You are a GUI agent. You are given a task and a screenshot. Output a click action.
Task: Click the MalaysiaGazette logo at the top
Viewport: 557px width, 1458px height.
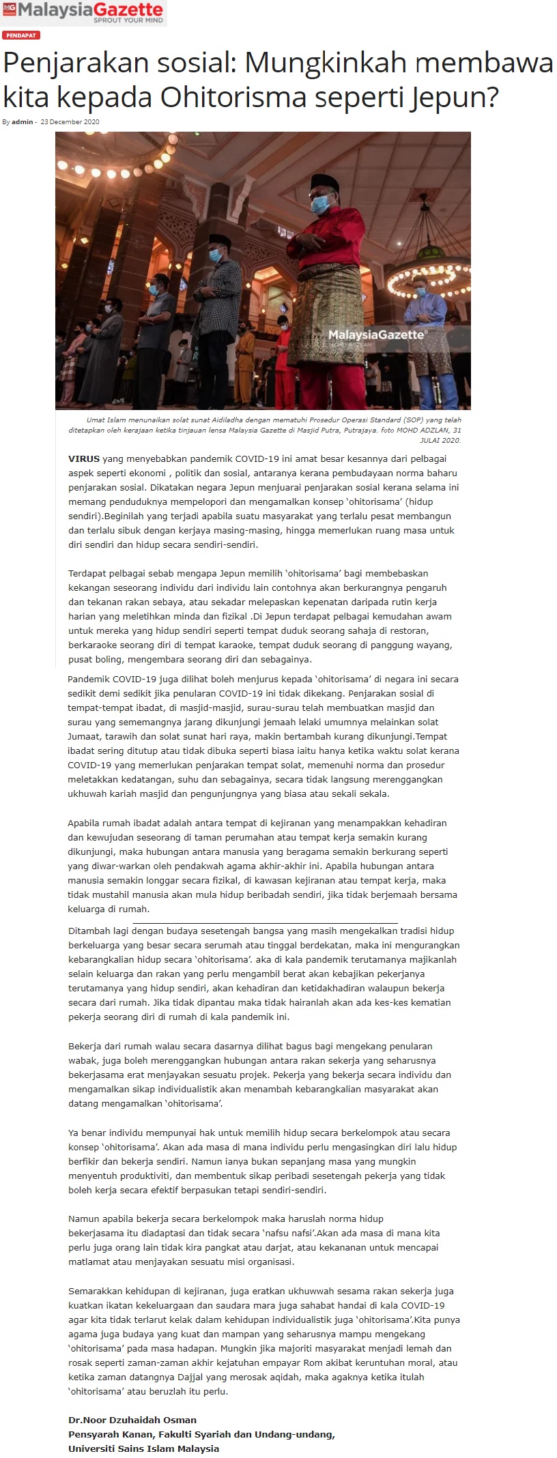pyautogui.click(x=83, y=12)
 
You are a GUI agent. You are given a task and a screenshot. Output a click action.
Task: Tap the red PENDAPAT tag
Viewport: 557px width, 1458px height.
pyautogui.click(x=21, y=35)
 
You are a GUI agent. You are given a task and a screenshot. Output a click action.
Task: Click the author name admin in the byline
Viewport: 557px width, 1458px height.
pyautogui.click(x=22, y=122)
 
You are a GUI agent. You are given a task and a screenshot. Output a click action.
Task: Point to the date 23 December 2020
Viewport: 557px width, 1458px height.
pyautogui.click(x=70, y=122)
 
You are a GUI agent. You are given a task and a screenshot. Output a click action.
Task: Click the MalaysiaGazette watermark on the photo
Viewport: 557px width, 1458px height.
pyautogui.click(x=377, y=335)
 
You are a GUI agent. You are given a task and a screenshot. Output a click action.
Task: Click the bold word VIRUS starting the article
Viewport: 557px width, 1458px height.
pyautogui.click(x=83, y=459)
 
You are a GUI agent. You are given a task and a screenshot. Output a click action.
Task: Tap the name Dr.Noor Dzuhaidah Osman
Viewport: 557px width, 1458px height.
pyautogui.click(x=132, y=1420)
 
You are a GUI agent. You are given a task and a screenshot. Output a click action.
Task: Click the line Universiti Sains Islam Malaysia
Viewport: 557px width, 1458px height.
pyautogui.click(x=143, y=1448)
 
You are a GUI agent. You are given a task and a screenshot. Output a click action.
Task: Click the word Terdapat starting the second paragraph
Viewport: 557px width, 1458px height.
pyautogui.click(x=88, y=574)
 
